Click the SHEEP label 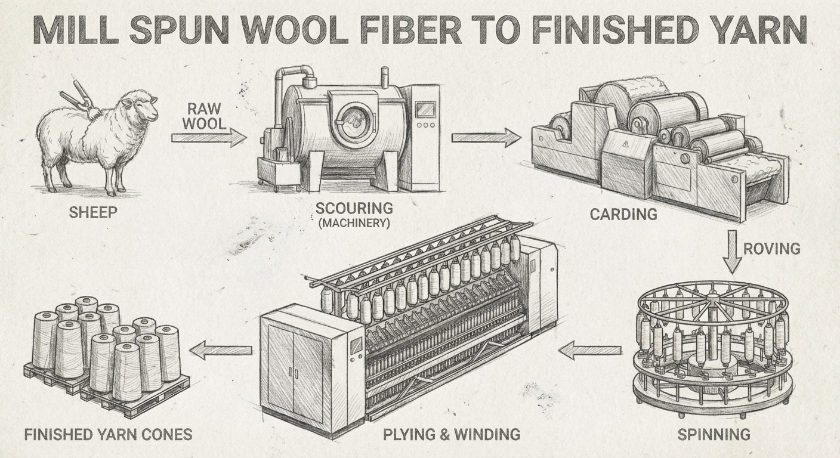click(94, 212)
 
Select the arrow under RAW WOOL click(208, 138)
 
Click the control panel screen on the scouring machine click(424, 109)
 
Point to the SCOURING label click(354, 209)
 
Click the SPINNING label click(714, 434)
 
